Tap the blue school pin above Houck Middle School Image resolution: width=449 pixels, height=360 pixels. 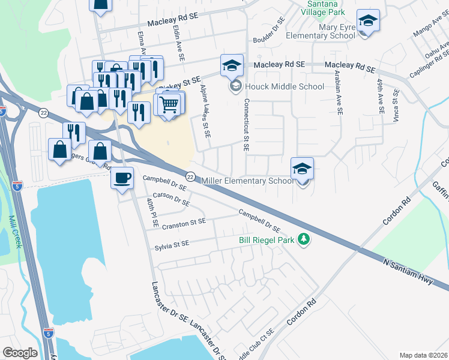232,67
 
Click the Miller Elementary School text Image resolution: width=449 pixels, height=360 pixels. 247,181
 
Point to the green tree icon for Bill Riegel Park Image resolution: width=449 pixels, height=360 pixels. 305,239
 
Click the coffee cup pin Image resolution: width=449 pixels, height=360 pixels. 122,179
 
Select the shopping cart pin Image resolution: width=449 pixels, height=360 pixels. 169,104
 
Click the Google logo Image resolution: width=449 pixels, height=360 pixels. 20,352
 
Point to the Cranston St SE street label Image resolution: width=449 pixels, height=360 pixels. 184,223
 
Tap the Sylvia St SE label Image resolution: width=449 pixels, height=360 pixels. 172,244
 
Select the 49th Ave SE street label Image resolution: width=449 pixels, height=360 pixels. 380,96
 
